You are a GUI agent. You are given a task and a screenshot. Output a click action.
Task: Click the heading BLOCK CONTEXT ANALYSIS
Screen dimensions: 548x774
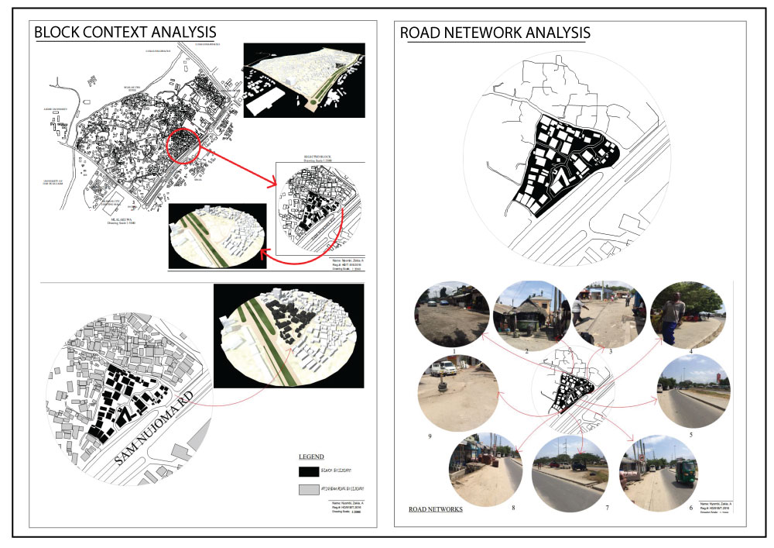coord(125,33)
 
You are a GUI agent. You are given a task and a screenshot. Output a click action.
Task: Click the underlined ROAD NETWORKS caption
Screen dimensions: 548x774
coord(435,509)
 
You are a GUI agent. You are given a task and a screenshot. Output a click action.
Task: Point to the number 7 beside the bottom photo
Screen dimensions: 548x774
coord(585,507)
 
